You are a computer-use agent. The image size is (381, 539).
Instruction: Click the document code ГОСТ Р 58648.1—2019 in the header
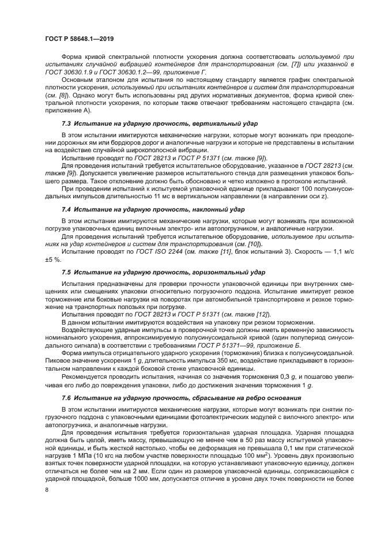pos(79,38)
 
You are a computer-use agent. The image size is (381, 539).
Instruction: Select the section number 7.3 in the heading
pos(67,124)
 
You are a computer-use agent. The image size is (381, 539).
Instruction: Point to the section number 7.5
pos(67,271)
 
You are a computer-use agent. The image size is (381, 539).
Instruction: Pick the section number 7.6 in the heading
pos(67,398)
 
